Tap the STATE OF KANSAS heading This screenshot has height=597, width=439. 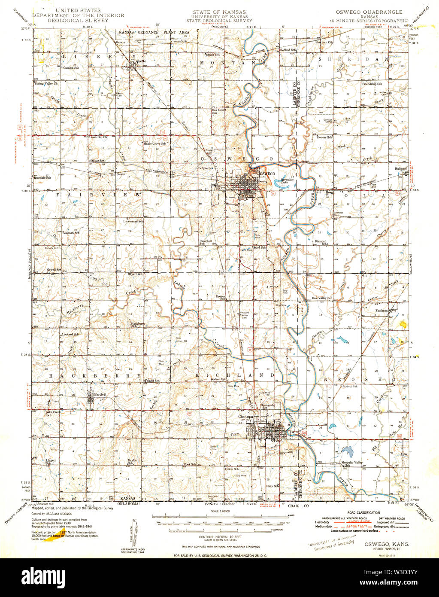(x=219, y=11)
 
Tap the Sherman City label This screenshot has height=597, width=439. (x=324, y=43)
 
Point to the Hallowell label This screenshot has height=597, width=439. (x=400, y=169)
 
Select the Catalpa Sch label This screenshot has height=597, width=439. (x=71, y=68)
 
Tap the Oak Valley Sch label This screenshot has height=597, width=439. (x=322, y=298)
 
